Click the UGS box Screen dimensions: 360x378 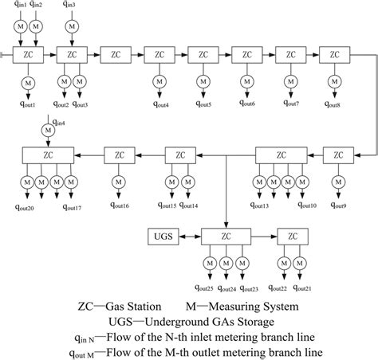[x=164, y=237]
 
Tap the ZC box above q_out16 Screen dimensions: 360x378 [x=118, y=155]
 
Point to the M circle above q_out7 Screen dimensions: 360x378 [x=290, y=82]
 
